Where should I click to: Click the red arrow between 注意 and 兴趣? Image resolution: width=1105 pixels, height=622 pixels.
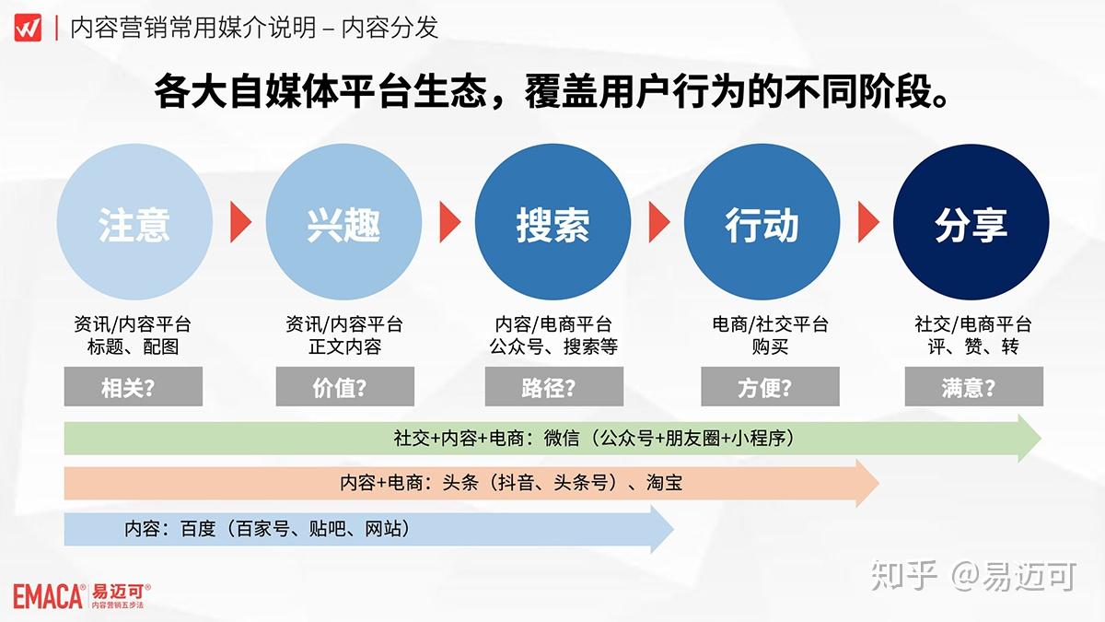click(240, 221)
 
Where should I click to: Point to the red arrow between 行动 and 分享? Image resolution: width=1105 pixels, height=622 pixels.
click(868, 221)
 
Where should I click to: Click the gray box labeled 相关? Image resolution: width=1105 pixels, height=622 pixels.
click(134, 388)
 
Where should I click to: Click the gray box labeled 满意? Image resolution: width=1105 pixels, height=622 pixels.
click(973, 388)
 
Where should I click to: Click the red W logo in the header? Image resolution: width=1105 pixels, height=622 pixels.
click(28, 28)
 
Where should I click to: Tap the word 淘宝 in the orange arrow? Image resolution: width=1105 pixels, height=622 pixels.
click(664, 483)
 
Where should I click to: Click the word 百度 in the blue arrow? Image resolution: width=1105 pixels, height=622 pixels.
click(197, 529)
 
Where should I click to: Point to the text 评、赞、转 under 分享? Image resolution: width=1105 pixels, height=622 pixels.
click(973, 347)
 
